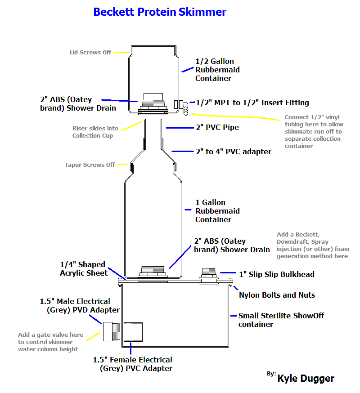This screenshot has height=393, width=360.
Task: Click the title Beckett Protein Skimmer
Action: (160, 12)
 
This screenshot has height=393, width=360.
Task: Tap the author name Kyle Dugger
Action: (306, 378)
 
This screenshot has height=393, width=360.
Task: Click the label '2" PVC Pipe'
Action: (217, 128)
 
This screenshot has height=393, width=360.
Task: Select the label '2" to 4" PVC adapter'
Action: (233, 152)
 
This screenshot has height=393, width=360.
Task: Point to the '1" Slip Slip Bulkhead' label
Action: (276, 274)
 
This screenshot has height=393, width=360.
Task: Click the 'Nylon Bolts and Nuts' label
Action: (277, 295)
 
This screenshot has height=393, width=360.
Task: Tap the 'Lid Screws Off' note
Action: (90, 52)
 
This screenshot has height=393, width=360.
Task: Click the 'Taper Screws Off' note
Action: (90, 165)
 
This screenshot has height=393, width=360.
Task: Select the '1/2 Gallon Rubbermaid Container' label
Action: (217, 70)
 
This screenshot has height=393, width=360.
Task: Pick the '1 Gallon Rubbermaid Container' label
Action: (217, 211)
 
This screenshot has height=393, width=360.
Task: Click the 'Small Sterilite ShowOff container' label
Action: (281, 320)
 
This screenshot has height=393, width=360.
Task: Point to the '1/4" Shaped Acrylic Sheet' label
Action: (84, 268)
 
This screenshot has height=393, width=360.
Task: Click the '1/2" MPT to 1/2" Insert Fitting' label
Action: (252, 103)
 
